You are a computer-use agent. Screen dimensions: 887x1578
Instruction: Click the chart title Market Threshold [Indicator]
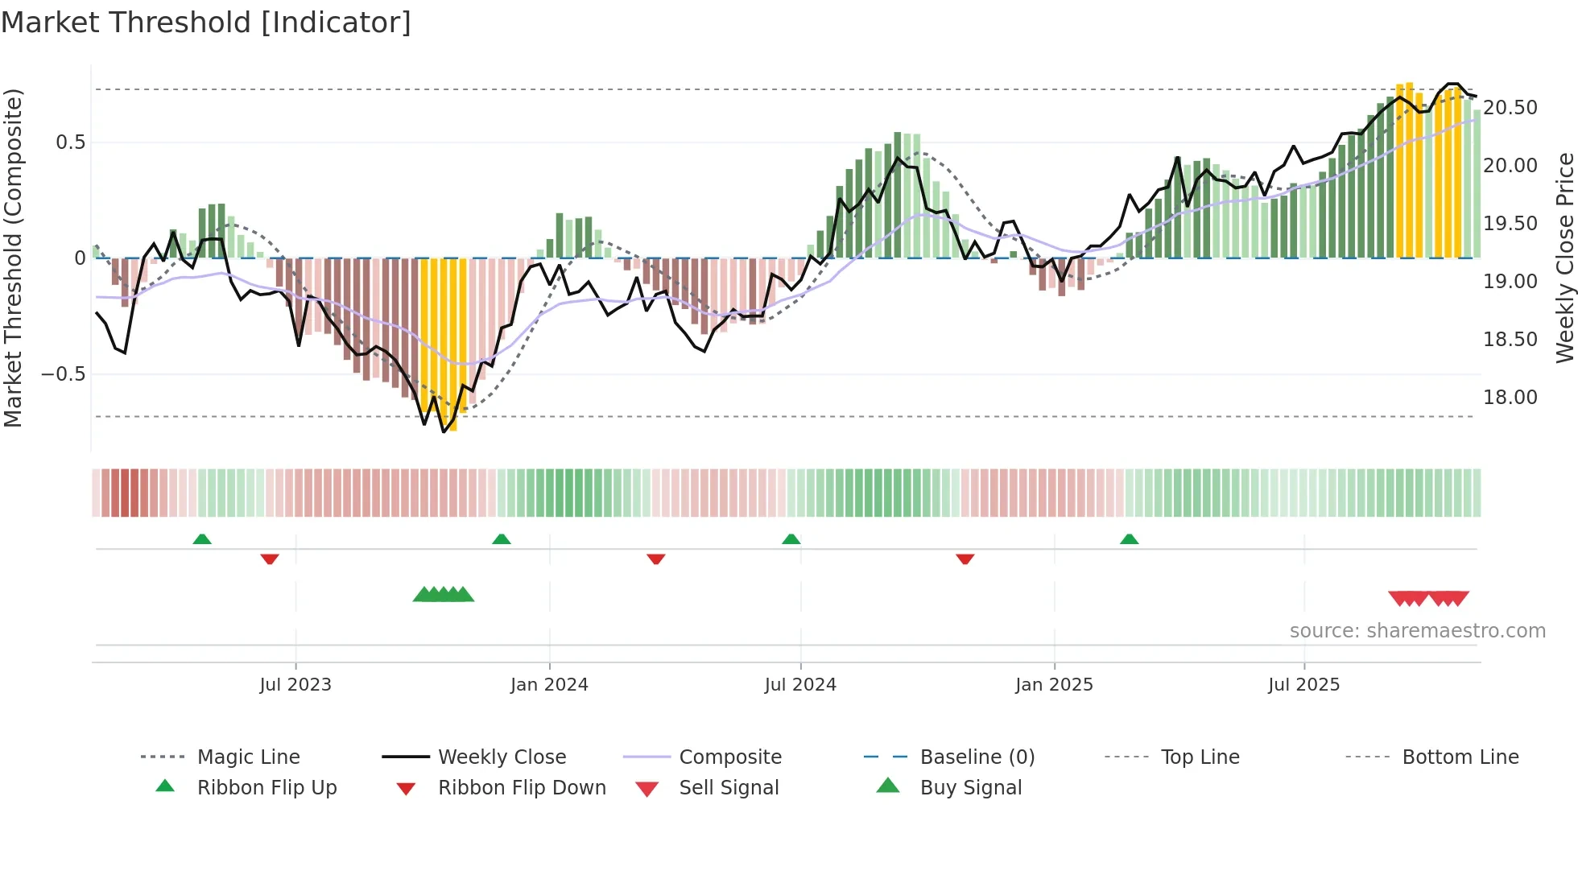click(206, 23)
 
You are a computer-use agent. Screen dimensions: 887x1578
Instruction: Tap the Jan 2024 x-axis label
click(549, 684)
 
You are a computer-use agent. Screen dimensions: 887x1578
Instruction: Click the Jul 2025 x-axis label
click(1303, 684)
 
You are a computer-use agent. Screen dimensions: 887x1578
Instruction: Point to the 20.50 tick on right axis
click(1510, 107)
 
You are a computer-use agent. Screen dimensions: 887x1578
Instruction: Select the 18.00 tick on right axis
click(1510, 397)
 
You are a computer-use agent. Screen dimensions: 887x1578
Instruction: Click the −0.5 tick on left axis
click(63, 374)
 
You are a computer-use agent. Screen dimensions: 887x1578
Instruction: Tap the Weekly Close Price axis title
click(1564, 258)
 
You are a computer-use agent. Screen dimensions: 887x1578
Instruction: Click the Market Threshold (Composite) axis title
click(13, 258)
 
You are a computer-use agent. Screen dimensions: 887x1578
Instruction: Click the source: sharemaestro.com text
click(1417, 630)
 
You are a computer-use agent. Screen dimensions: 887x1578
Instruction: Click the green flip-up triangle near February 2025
click(1129, 539)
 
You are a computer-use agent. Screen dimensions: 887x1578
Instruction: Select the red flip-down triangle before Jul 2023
click(270, 559)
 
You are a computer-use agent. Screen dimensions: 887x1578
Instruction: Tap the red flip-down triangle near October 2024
click(965, 559)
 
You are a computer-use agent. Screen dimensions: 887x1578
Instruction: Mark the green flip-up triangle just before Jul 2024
click(791, 539)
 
